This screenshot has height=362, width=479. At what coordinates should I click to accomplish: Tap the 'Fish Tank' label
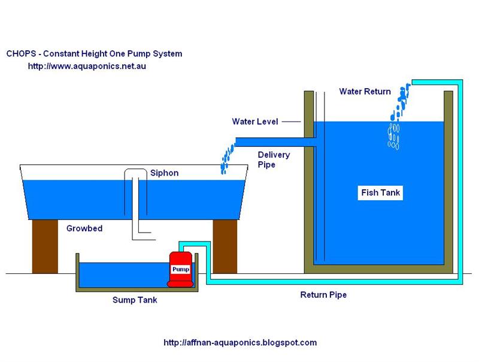click(x=380, y=193)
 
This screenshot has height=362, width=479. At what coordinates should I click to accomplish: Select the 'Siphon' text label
click(x=165, y=173)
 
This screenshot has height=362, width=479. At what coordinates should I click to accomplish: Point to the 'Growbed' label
click(x=84, y=228)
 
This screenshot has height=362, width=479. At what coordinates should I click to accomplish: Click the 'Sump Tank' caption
click(x=135, y=300)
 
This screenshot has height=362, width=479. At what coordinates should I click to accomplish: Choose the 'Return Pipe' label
click(x=323, y=295)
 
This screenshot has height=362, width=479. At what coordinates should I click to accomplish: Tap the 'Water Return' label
click(x=365, y=92)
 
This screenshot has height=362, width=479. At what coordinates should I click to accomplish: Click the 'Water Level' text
click(x=255, y=122)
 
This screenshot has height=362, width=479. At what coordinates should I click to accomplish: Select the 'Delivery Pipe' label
click(x=274, y=159)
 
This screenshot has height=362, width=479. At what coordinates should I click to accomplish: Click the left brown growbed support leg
click(x=44, y=246)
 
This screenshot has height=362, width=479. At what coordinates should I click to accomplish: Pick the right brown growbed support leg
click(x=225, y=246)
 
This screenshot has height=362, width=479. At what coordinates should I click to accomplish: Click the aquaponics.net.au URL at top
click(x=87, y=67)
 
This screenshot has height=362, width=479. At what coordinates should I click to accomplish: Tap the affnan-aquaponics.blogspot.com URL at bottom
click(x=240, y=343)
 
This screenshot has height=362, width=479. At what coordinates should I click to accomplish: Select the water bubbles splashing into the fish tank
click(x=395, y=120)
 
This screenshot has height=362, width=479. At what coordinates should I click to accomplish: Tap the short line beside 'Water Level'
click(x=290, y=122)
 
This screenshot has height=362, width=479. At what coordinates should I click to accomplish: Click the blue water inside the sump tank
click(x=120, y=274)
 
